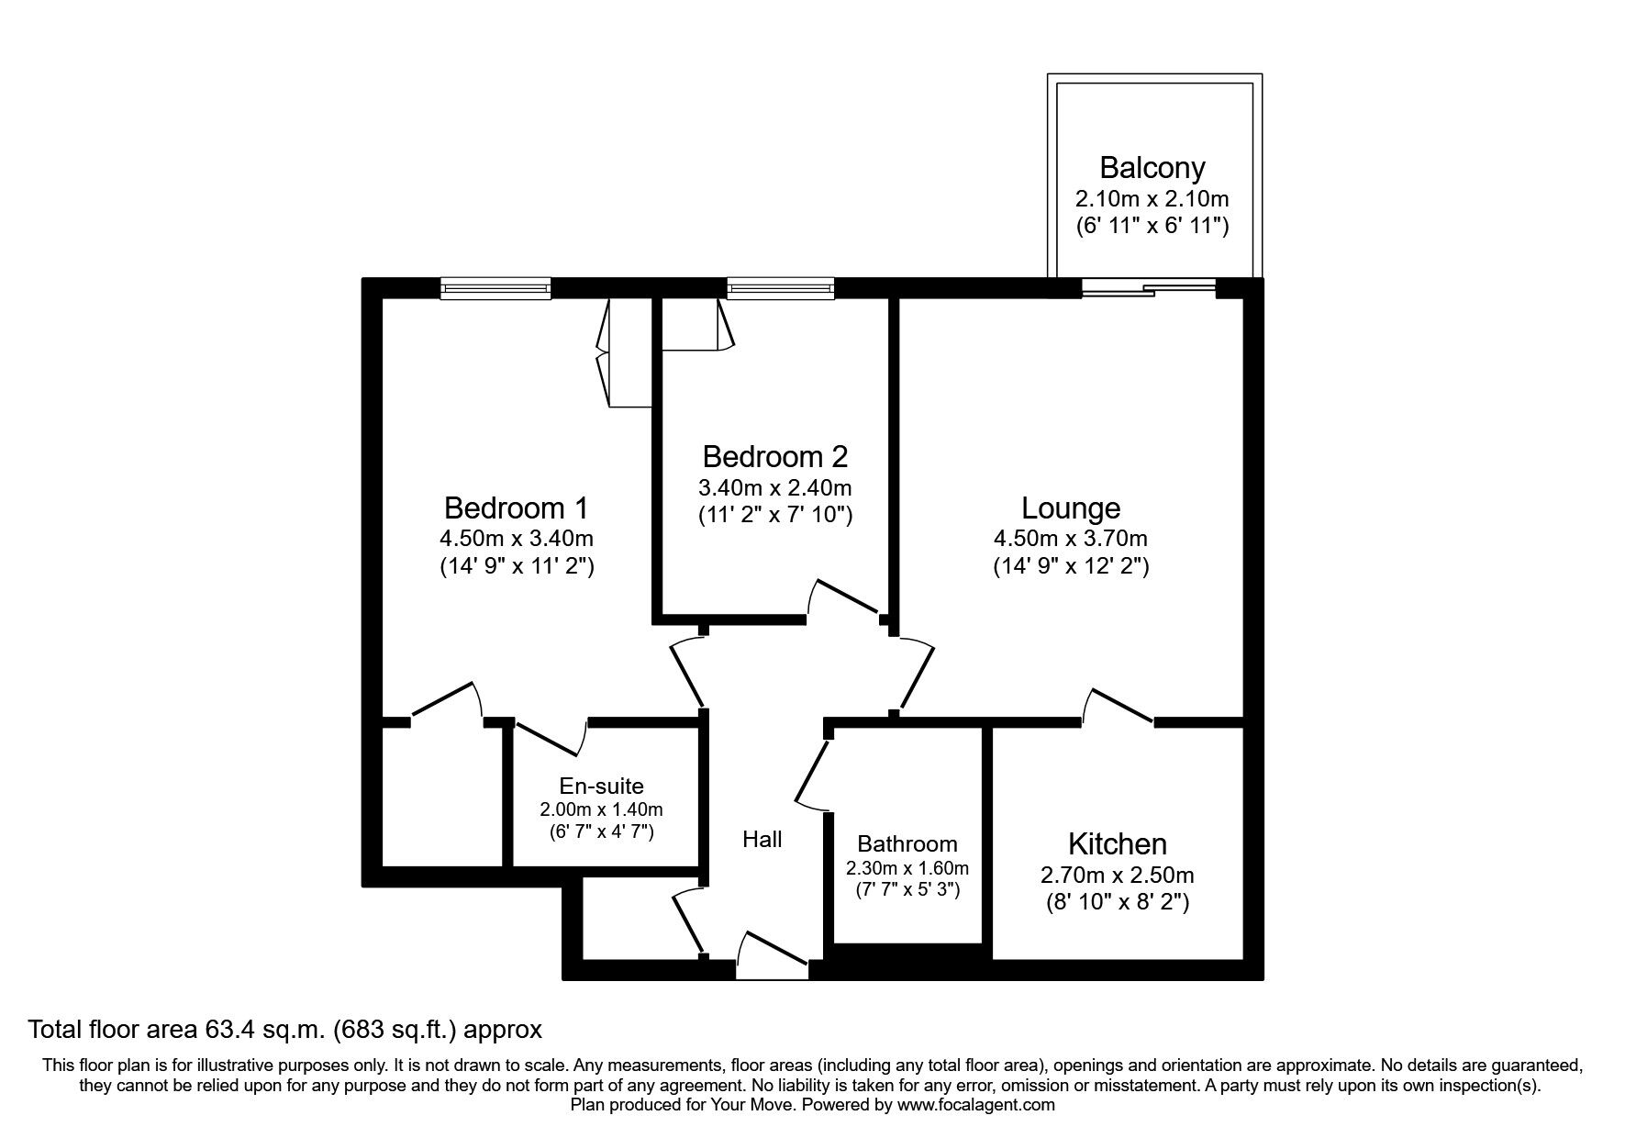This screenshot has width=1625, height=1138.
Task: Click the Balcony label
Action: click(1152, 168)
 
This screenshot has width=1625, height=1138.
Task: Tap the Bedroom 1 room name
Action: click(516, 508)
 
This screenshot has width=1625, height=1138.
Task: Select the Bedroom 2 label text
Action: click(774, 456)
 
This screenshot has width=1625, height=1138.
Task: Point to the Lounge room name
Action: click(1071, 508)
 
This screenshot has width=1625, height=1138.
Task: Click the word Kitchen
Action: click(1117, 844)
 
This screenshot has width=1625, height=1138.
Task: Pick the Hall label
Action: click(762, 839)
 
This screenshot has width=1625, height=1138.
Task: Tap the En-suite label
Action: click(601, 786)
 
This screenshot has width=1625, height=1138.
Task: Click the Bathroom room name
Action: click(907, 843)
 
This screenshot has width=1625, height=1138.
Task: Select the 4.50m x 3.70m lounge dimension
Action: click(1070, 539)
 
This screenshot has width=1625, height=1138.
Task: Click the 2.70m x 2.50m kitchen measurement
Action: click(1117, 875)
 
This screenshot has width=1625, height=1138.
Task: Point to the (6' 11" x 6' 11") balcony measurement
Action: click(1152, 225)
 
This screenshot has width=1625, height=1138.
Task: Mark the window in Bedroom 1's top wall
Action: click(495, 289)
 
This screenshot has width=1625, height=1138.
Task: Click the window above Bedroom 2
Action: click(780, 289)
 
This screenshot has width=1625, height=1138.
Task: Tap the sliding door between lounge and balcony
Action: click(1148, 288)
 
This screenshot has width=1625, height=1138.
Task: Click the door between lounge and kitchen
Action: click(1119, 707)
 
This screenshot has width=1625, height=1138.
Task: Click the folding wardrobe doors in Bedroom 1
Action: click(606, 353)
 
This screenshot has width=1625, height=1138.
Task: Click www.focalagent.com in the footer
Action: click(975, 1105)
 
